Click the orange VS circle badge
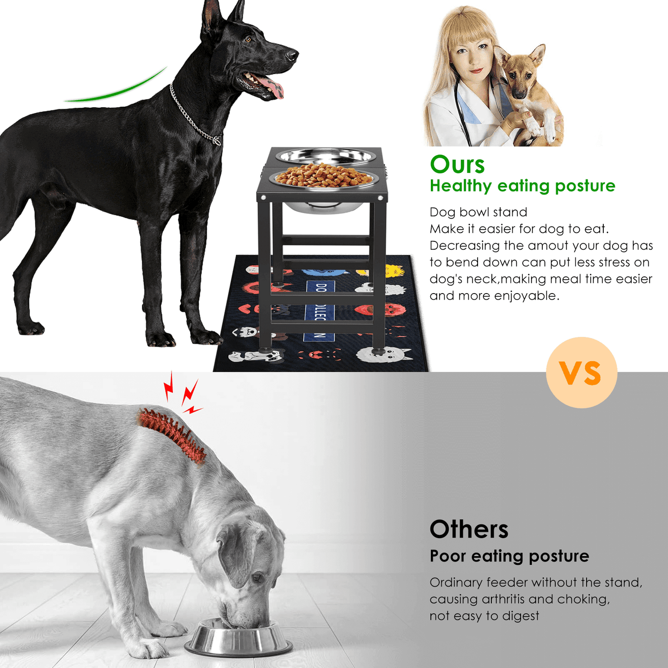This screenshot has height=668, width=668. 582,373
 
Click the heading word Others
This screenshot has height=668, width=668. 469,529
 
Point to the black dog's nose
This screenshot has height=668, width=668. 292,55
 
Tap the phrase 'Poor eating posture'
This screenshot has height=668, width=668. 509,557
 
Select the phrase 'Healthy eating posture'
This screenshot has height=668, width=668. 522,186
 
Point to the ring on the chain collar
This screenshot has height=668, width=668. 217,140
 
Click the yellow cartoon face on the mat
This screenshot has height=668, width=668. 394,271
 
